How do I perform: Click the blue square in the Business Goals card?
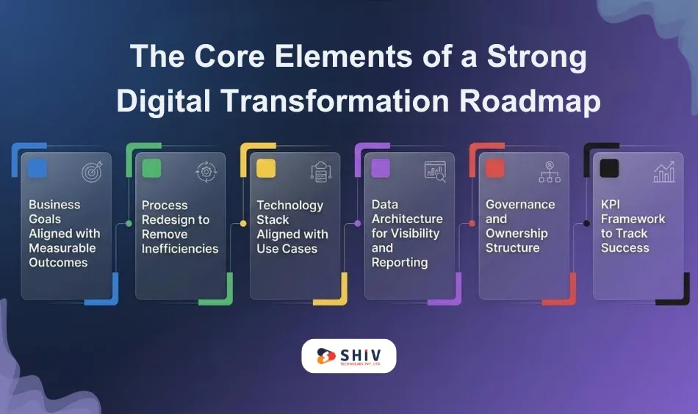[37, 168]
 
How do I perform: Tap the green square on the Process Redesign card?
[151, 169]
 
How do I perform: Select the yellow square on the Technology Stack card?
[265, 169]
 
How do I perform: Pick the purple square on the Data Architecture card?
[380, 169]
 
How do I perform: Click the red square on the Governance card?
[494, 169]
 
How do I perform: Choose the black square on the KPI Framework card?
[609, 169]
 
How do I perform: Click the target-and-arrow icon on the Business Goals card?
[92, 171]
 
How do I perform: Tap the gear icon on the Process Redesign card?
[206, 172]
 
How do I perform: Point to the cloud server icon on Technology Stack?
[321, 172]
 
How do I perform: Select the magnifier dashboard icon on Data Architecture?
[435, 171]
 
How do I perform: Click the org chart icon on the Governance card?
[550, 172]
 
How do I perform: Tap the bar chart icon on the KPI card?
[664, 172]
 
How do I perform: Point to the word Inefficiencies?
[180, 249]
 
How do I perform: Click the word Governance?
[520, 204]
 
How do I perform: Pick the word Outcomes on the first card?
[58, 263]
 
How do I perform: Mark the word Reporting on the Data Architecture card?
[400, 262]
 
